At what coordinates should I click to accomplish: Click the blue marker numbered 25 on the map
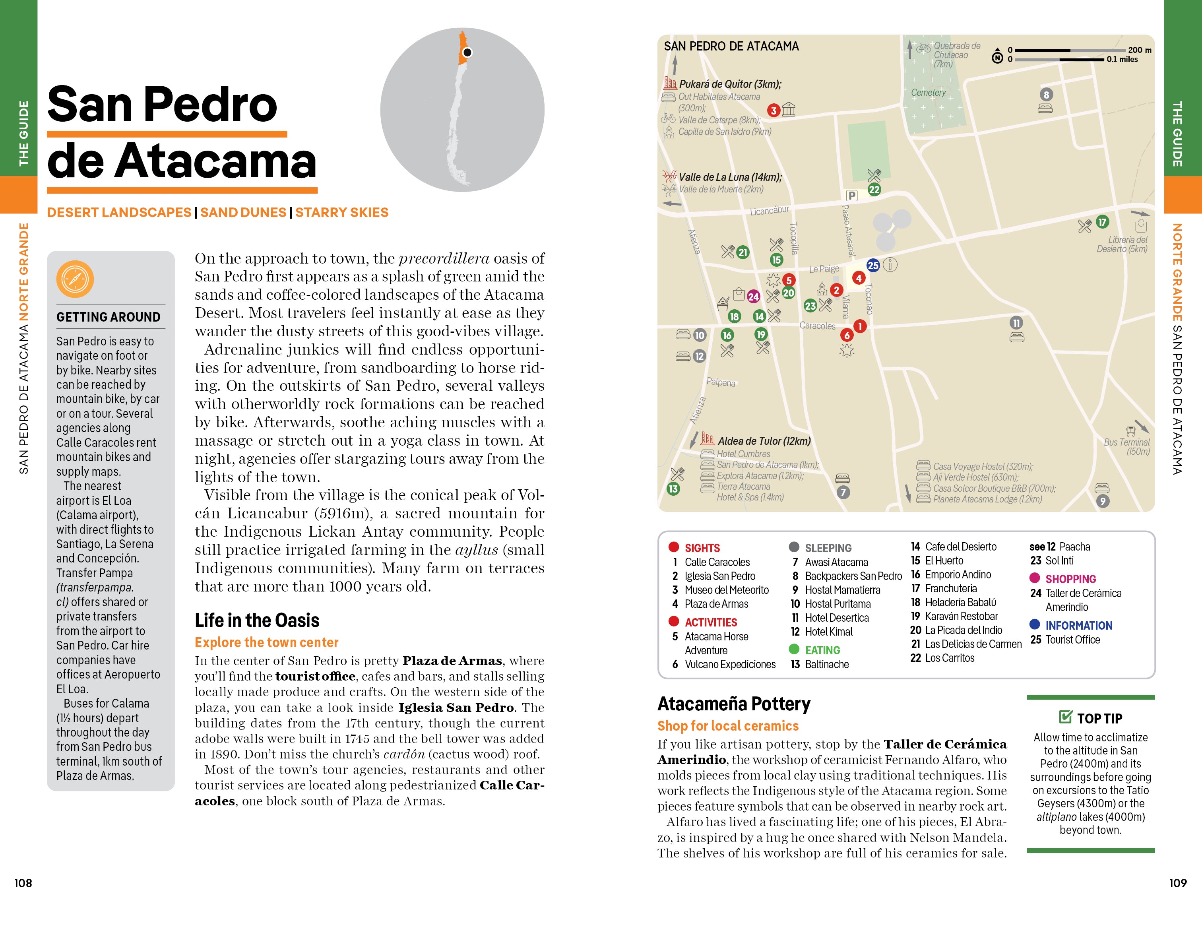click(873, 265)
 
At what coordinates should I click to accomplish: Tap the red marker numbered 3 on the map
click(773, 111)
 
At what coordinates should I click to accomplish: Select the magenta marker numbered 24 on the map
click(753, 297)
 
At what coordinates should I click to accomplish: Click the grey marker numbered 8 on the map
click(1046, 95)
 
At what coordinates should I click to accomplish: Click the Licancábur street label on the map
click(770, 211)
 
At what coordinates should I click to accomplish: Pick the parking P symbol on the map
click(851, 195)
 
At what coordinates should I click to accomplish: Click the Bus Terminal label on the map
click(1126, 446)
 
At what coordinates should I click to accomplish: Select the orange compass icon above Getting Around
click(75, 279)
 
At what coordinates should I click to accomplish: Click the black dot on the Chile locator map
click(467, 53)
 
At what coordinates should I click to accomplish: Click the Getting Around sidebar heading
click(109, 317)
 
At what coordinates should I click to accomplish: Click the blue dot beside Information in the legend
click(1035, 624)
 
